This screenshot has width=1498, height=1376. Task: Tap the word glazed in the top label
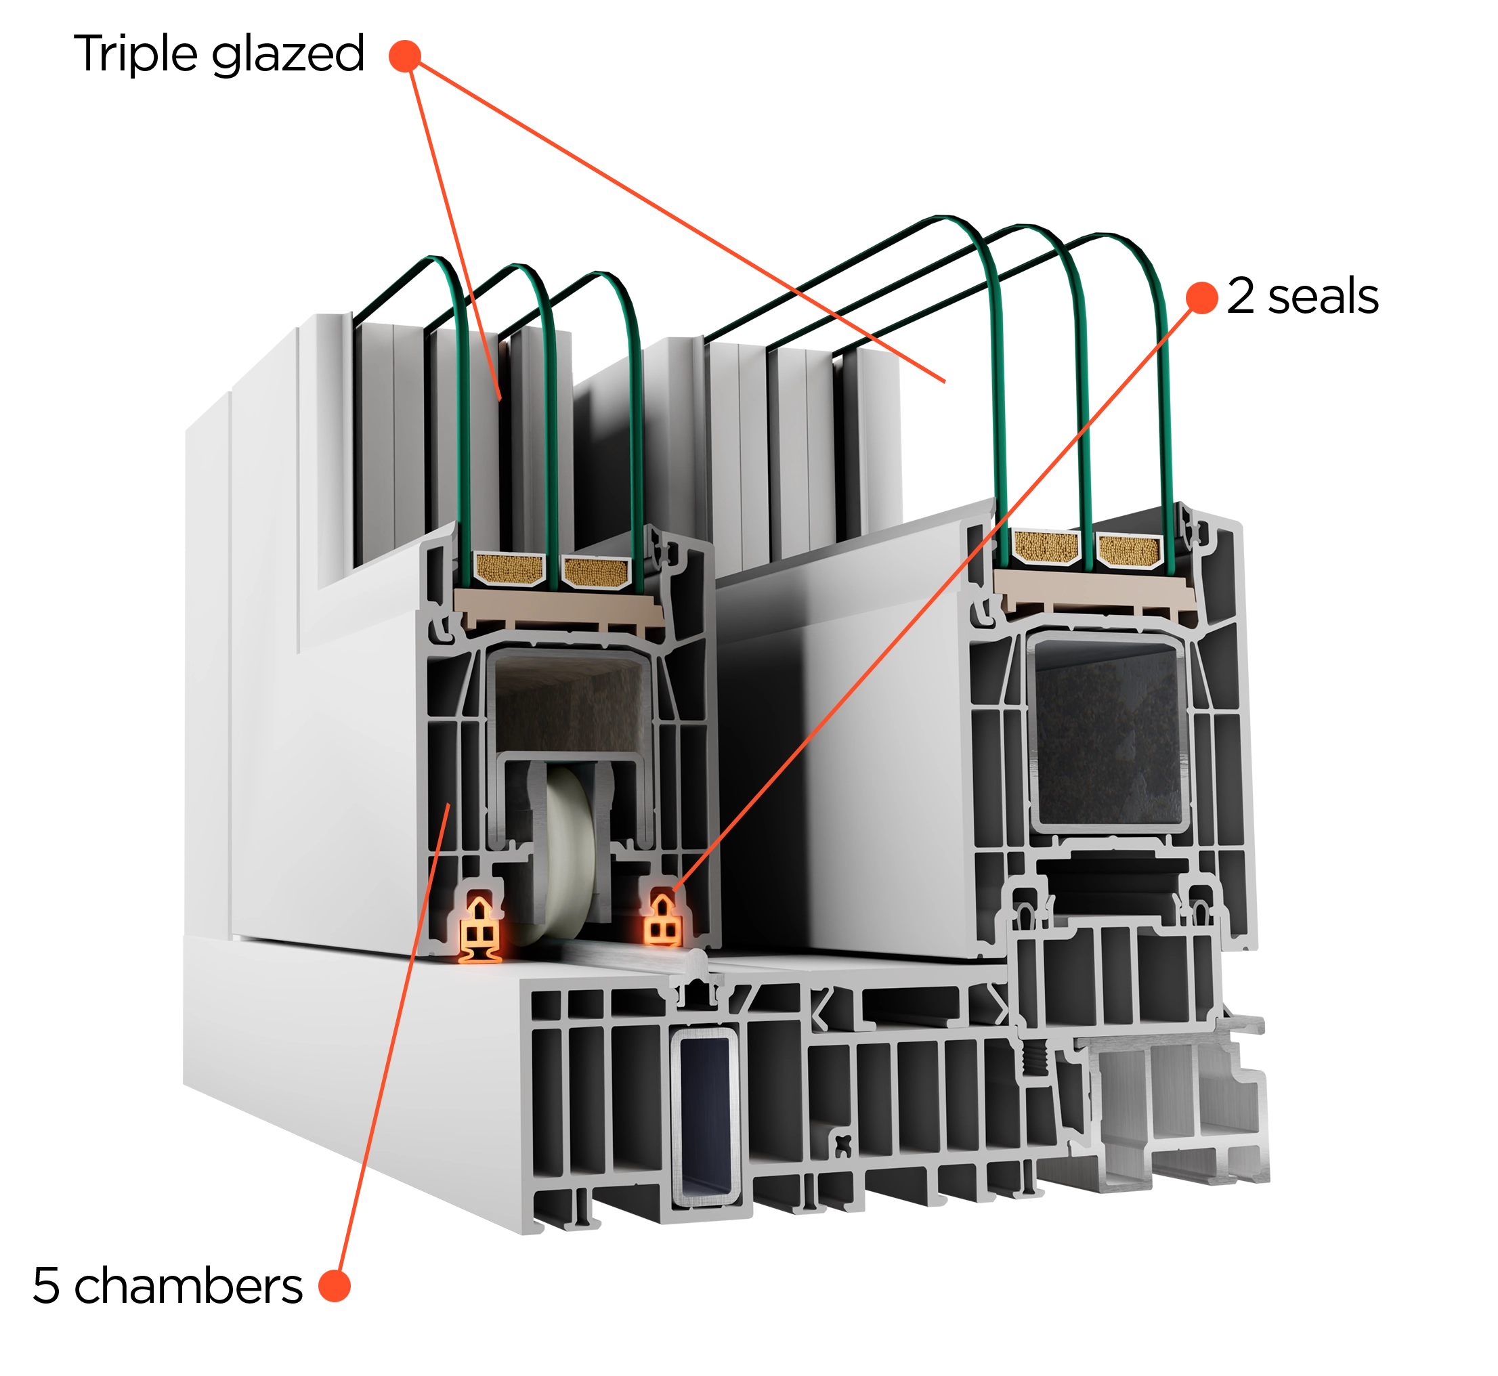pos(288,54)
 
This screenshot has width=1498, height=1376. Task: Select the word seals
pos(1323,296)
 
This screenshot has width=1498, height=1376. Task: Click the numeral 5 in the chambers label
pos(46,1285)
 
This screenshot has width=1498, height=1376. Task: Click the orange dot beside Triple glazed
pos(405,56)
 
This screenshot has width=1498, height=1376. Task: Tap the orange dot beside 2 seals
pos(1201,297)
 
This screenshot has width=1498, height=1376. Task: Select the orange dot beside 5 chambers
pos(335,1285)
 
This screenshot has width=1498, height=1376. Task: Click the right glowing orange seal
pos(662,920)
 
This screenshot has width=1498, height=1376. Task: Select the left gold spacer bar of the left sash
pos(510,569)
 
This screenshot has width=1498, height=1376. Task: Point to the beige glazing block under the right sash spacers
pos(1094,588)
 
